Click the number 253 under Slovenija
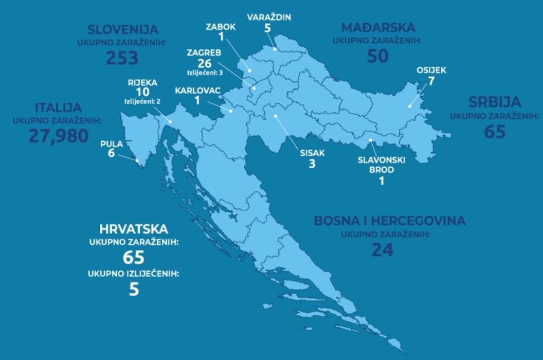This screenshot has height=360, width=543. pyautogui.click(x=122, y=58)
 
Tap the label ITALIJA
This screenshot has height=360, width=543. pyautogui.click(x=58, y=108)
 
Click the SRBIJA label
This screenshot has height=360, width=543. pyautogui.click(x=495, y=101)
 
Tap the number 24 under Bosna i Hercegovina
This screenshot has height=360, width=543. pyautogui.click(x=383, y=250)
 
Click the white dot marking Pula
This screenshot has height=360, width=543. pyautogui.click(x=137, y=160)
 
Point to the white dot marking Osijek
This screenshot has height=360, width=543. pyautogui.click(x=410, y=106)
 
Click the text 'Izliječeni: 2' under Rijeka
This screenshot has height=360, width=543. pyautogui.click(x=142, y=101)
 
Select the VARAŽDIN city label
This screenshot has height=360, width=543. pyautogui.click(x=269, y=17)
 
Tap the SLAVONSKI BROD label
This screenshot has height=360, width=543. pyautogui.click(x=381, y=164)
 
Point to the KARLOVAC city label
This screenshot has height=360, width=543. pyautogui.click(x=198, y=91)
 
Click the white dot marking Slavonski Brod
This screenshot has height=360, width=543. pyautogui.click(x=370, y=140)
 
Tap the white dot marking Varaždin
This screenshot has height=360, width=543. pyautogui.click(x=275, y=49)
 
